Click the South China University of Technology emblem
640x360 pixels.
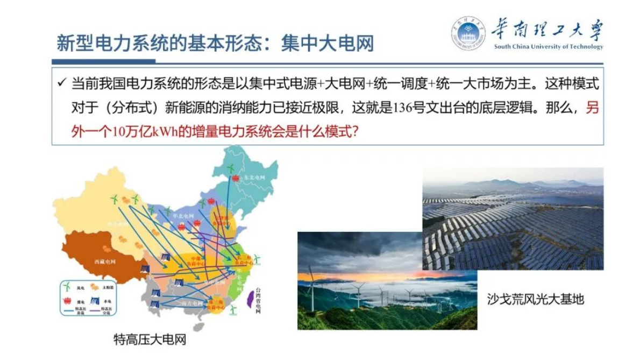pos(468,33)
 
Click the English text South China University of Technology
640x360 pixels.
pos(549,47)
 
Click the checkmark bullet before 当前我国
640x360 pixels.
pos(61,84)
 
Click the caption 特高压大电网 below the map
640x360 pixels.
pos(150,340)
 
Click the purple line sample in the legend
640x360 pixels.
pos(94,312)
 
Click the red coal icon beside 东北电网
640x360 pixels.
pos(235,178)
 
